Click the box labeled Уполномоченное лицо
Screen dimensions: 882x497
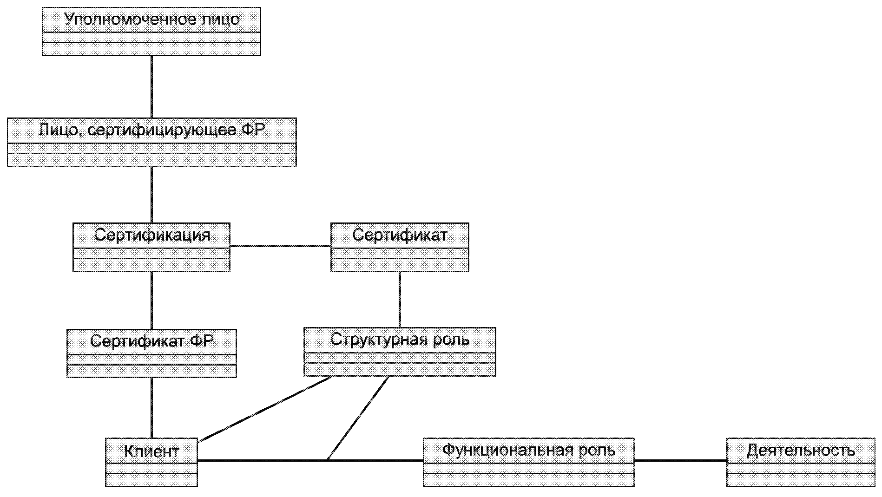[x=151, y=32]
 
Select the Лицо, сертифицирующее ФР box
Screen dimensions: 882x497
[x=152, y=142]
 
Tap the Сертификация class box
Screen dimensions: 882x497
[x=151, y=247]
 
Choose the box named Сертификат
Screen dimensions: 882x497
[x=400, y=247]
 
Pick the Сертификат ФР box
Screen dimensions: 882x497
[x=151, y=353]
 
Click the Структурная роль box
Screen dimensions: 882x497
[x=400, y=352]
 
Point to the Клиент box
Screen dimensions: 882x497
[x=151, y=462]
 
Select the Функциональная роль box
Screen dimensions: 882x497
[x=529, y=462]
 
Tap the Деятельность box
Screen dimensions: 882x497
[x=801, y=462]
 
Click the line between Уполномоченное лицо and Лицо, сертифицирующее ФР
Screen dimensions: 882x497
[x=151, y=87]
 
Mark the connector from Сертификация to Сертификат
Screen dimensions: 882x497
[x=280, y=246]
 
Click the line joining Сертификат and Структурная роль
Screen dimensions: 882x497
[x=400, y=300]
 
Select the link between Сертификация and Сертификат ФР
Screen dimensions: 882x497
[x=151, y=301]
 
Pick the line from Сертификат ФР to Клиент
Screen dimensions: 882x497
[x=151, y=408]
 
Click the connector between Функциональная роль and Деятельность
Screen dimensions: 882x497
[x=680, y=461]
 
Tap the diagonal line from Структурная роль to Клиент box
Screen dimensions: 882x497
[x=265, y=409]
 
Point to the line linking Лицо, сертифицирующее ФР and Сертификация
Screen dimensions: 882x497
[x=151, y=195]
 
